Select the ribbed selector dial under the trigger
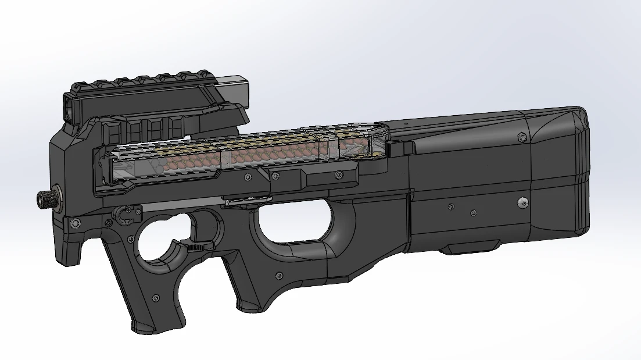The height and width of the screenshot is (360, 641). point(198,248)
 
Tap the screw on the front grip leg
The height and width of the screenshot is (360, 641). point(155,298)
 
